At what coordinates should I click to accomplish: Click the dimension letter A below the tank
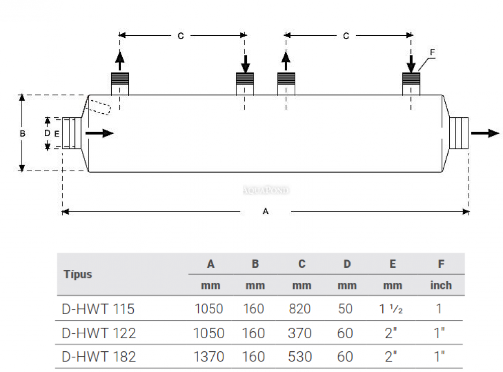pos(266,212)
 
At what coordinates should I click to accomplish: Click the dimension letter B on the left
pos(22,133)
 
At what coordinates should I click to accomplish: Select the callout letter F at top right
pos(432,52)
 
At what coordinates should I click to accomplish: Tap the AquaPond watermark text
pos(267,190)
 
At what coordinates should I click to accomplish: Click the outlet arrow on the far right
pos(485,133)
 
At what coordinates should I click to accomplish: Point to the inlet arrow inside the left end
pos(100,133)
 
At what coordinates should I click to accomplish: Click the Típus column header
pos(78,274)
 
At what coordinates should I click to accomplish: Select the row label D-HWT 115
pos(98,309)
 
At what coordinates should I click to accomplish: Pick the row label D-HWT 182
pos(99,357)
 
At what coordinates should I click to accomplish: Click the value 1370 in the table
pos(208,357)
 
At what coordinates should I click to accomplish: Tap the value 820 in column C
pos(300,309)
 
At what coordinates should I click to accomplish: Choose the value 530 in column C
pos(300,357)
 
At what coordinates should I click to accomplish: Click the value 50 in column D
pos(346,309)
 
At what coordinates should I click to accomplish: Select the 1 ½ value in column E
pos(392,309)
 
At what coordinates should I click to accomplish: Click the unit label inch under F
pos(441,285)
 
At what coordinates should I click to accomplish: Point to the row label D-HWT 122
pos(99,333)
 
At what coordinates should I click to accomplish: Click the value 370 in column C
pos(300,333)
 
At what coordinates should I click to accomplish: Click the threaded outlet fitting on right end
pos(458,133)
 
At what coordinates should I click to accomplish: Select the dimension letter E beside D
pos(57,133)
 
